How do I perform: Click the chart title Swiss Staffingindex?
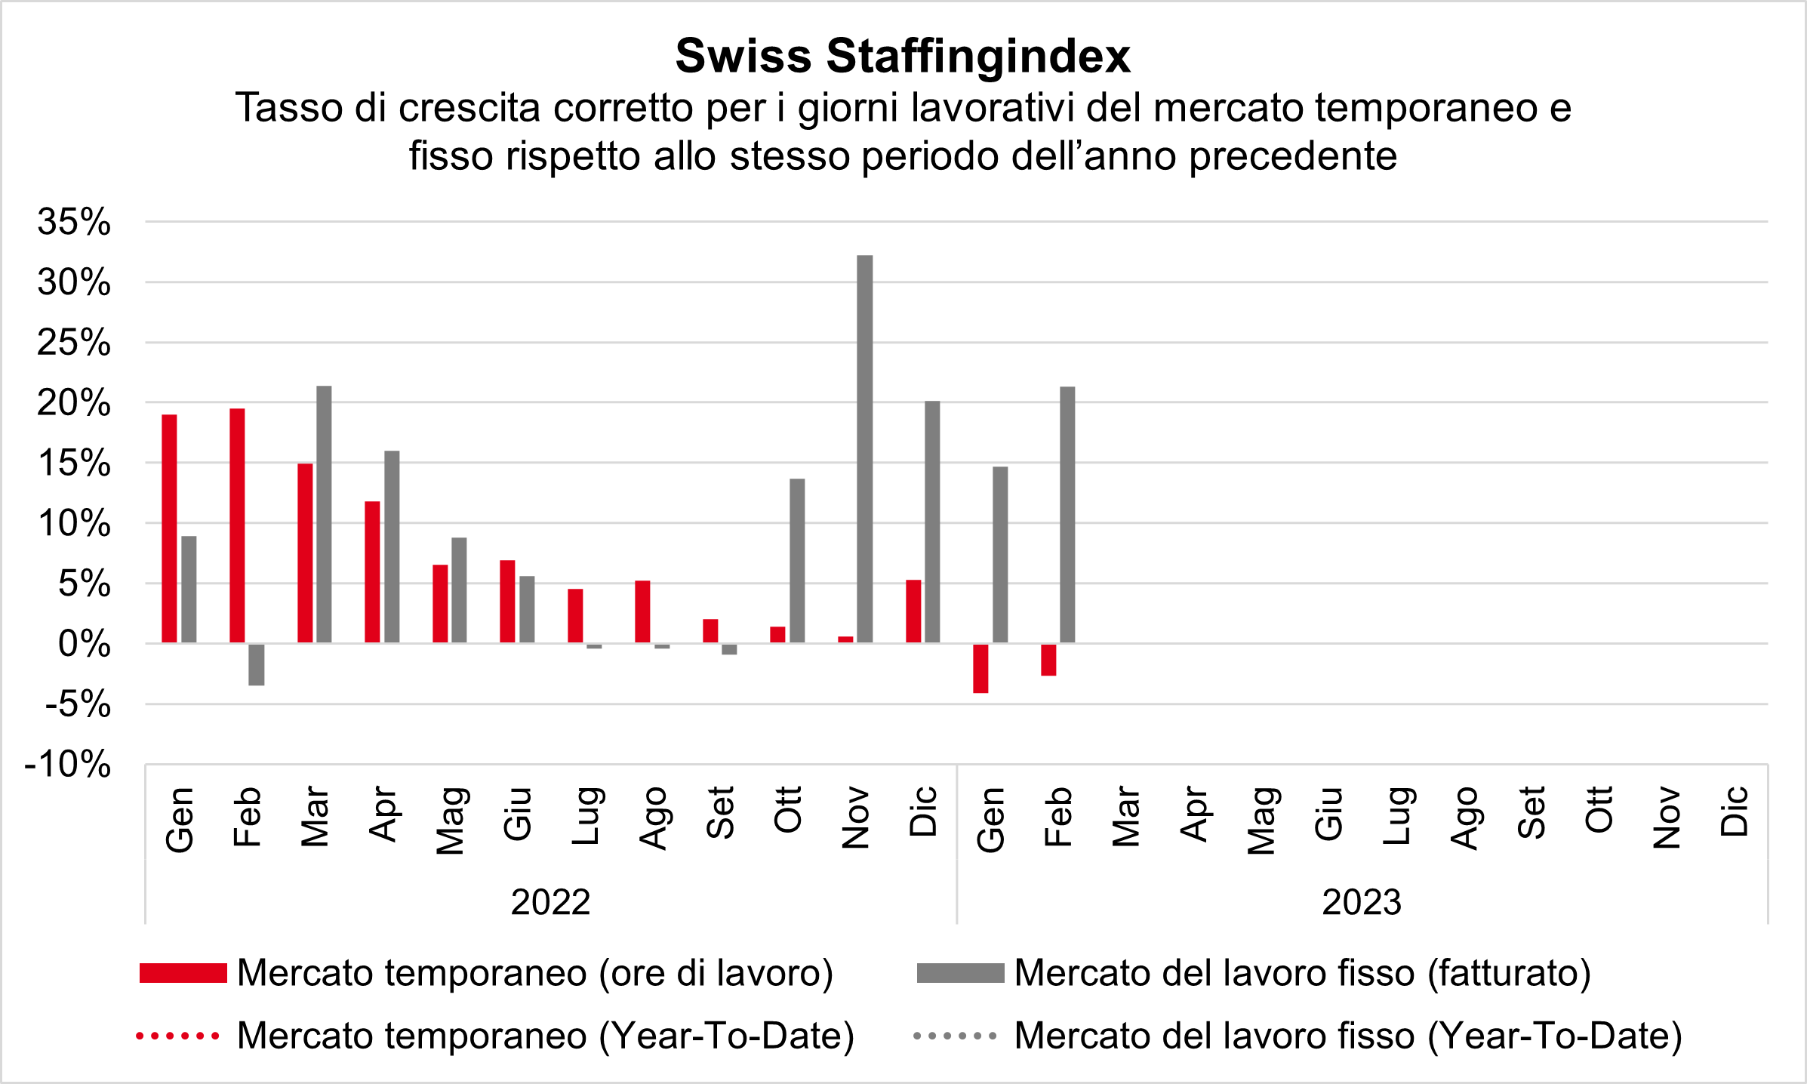point(903,56)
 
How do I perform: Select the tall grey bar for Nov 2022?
point(865,449)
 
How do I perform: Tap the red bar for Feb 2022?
point(237,525)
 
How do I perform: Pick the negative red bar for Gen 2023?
point(980,668)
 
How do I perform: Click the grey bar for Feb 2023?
point(1067,515)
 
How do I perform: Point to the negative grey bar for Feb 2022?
point(257,664)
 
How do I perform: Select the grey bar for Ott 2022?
point(797,561)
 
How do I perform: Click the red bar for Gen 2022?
point(170,528)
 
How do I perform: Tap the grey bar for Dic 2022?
point(932,522)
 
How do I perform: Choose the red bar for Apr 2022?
point(372,571)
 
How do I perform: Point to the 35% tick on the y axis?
point(74,222)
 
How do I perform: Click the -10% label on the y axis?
point(68,764)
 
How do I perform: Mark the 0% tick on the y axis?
point(84,644)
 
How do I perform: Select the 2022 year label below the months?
point(550,902)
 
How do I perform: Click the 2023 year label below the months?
point(1362,902)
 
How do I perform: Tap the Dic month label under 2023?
point(1734,811)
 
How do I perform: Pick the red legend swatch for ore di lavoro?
point(183,973)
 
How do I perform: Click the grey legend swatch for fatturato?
point(960,973)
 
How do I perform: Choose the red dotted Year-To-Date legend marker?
point(178,1036)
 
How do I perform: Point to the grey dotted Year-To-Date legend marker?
point(955,1036)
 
